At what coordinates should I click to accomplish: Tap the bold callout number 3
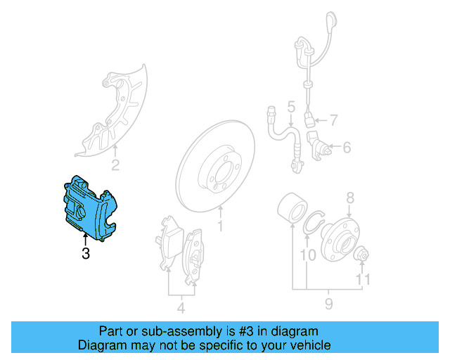point(86,253)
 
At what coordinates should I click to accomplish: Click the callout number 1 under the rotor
point(220,226)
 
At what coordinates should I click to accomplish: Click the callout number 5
point(290,108)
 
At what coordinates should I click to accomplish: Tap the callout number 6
point(346,148)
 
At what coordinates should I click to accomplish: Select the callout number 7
point(333,119)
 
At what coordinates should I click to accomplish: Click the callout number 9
point(329,304)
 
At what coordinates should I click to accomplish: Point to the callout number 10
point(308,255)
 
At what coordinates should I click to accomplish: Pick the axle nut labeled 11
point(364,254)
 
